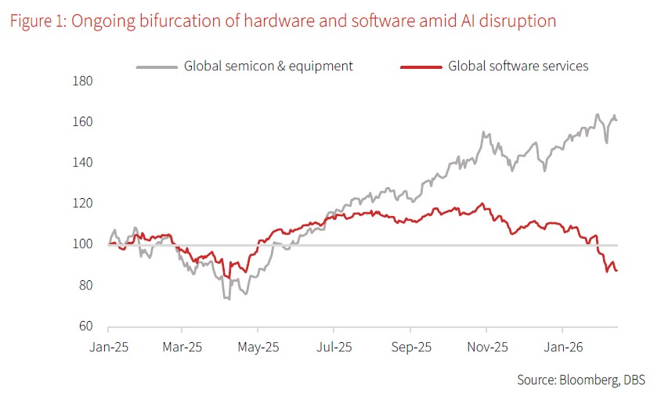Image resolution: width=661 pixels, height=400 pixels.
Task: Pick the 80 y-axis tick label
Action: tap(85, 286)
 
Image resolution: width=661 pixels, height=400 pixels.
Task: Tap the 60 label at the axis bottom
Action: tap(85, 326)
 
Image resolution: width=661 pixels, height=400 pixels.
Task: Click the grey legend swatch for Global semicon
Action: tap(157, 67)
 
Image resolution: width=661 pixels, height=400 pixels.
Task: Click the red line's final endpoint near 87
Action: tap(616, 270)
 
